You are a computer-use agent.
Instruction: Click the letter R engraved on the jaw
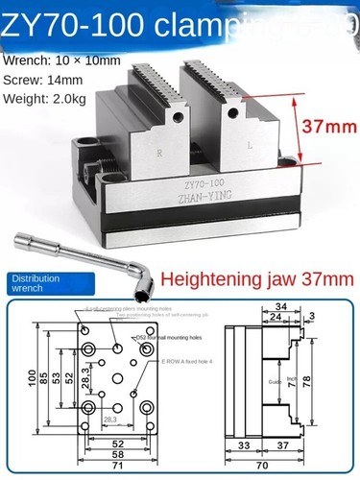[x=158, y=154]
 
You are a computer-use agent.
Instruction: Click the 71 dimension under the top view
[x=115, y=465]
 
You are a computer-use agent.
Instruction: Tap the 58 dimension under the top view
[x=115, y=453]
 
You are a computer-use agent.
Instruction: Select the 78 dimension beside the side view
[x=333, y=382]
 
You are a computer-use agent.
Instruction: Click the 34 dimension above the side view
[x=280, y=307]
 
